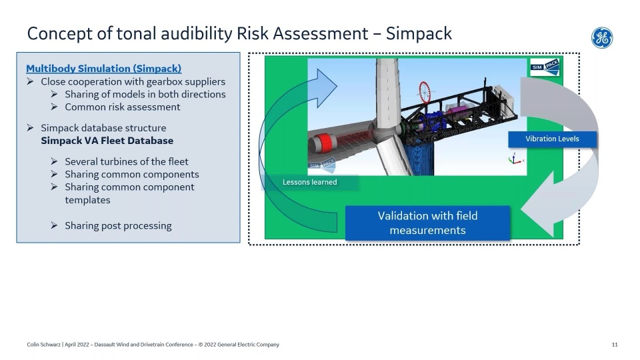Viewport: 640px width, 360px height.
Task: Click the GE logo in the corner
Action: coord(602,38)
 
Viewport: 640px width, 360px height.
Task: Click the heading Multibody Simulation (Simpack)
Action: coord(104,69)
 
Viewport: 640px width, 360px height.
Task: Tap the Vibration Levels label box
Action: coord(552,139)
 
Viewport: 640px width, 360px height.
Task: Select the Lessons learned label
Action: coord(310,182)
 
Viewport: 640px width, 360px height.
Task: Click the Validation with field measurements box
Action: coord(427,223)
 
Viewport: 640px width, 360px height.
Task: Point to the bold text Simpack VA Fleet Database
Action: coord(107,141)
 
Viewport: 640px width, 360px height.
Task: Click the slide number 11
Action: coord(615,345)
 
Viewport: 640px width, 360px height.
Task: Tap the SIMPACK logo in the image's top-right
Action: coord(545,67)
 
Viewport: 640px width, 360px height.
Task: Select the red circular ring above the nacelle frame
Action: coord(425,92)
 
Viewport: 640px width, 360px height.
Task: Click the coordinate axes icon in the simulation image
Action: coord(515,159)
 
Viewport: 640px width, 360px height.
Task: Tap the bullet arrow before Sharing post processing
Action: coord(54,225)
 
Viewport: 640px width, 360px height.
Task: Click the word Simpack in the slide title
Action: coord(419,33)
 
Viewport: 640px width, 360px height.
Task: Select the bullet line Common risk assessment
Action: coord(123,107)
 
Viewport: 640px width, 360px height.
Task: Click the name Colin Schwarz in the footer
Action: coord(44,345)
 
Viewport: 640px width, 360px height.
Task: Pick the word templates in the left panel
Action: coord(87,200)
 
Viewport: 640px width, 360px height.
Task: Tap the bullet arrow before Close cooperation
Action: coord(30,81)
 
